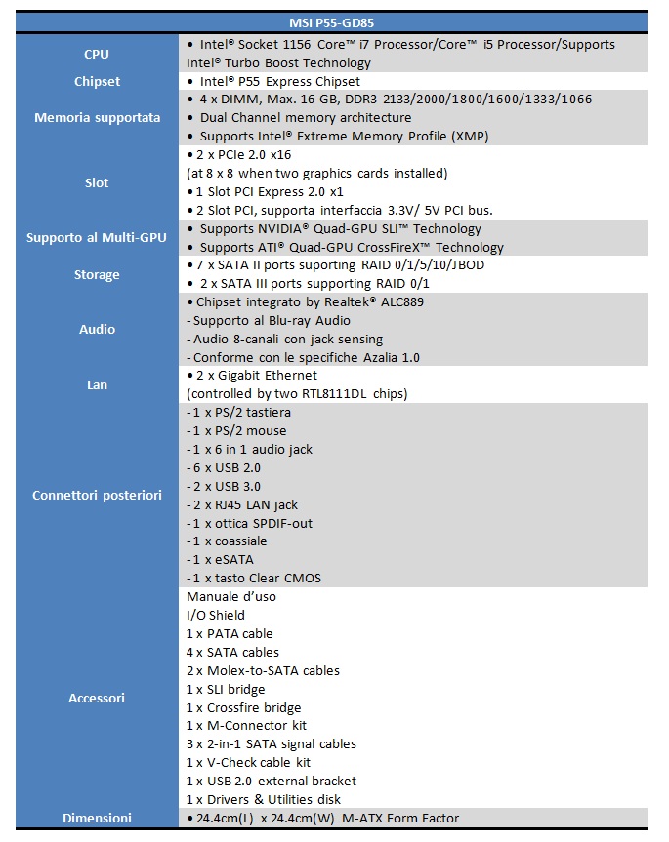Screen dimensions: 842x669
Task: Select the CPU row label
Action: coord(97,54)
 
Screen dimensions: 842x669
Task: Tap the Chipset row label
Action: coord(97,81)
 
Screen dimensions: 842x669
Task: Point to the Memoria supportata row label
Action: coord(97,118)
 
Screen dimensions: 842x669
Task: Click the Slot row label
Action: coord(97,182)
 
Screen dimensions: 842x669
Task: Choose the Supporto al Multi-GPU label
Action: coord(97,238)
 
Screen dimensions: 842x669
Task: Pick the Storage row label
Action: coord(97,274)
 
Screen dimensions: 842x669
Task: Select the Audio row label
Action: coord(97,329)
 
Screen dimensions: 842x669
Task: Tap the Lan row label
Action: coord(97,384)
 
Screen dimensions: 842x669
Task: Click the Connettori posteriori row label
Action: coord(97,495)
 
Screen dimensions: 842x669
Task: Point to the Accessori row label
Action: coord(97,698)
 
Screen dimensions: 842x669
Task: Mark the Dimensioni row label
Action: coord(97,818)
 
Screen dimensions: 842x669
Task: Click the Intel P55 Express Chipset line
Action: coord(272,81)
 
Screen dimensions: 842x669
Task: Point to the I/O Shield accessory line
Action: coord(215,615)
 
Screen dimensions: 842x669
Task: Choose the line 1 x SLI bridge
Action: coord(225,689)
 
